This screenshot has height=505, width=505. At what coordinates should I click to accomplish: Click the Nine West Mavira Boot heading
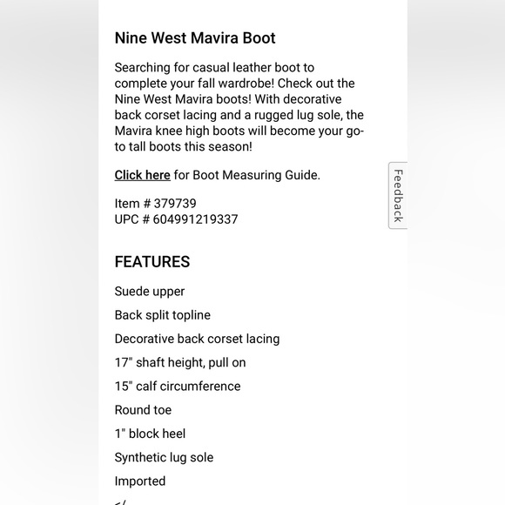[x=195, y=38]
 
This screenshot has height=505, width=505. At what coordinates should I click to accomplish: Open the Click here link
[x=142, y=175]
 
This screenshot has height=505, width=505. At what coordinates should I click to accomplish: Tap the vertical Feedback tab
[x=398, y=195]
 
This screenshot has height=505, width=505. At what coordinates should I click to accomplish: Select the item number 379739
[x=175, y=204]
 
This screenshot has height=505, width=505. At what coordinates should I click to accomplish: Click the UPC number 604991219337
[x=196, y=219]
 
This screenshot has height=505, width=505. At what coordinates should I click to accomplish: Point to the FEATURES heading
[x=152, y=262]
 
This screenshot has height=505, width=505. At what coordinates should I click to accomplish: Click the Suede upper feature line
[x=150, y=292]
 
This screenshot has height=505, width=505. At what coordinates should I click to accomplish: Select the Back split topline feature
[x=163, y=315]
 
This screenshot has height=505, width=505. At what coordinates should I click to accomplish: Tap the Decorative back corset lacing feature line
[x=197, y=339]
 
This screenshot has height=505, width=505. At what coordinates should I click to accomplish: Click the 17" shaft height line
[x=180, y=362]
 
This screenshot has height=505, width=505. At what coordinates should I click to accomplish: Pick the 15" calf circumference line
[x=178, y=386]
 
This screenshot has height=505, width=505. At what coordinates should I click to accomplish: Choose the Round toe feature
[x=143, y=410]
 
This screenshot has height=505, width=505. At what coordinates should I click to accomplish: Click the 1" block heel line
[x=150, y=434]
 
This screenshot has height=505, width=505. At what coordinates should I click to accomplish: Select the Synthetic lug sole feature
[x=164, y=457]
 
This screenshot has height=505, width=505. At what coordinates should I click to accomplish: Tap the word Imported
[x=140, y=481]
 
